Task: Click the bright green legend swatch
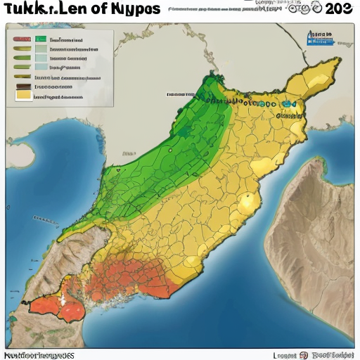(41, 40)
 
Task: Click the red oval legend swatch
(21, 40)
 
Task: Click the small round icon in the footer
(304, 354)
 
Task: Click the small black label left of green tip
(181, 94)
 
